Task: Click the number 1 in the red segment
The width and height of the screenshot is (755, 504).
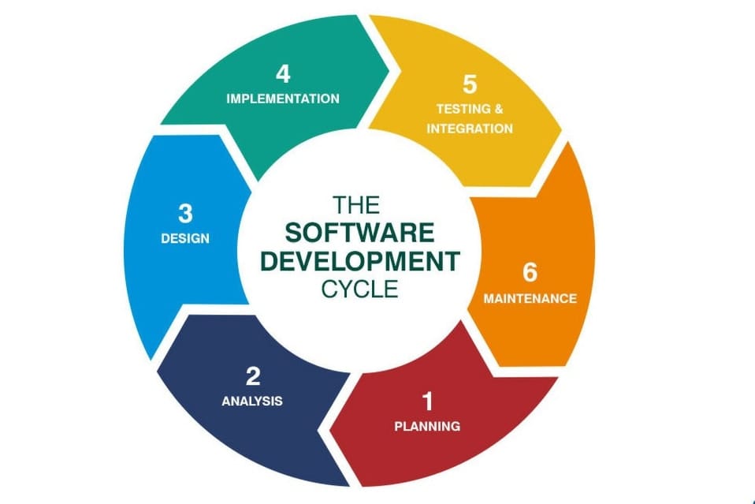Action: coord(427,401)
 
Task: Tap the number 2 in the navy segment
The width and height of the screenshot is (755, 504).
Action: coord(252,375)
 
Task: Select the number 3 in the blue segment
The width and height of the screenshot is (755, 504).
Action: coord(185,213)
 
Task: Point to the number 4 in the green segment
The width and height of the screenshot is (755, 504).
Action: coord(283,74)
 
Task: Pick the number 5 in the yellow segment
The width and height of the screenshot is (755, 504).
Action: coord(470,84)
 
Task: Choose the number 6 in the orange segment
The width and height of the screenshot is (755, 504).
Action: coord(530,273)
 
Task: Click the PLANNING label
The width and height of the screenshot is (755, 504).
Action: coord(427,426)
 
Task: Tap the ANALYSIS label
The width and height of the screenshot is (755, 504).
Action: coord(252,401)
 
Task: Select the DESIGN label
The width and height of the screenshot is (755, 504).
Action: coord(185,237)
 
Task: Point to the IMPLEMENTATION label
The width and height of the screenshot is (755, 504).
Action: coord(283,99)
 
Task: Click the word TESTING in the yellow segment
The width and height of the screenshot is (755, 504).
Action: coord(459,108)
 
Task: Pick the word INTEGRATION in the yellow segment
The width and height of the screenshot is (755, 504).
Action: coord(470,128)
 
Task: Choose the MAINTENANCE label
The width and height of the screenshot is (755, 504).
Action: coord(530,298)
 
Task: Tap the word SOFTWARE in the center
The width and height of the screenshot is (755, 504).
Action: coord(359,233)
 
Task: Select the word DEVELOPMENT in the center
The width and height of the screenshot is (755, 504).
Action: coord(359,260)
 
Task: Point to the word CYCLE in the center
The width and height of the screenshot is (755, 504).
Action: coord(359,289)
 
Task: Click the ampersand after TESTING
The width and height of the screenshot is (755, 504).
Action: coord(498,108)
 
